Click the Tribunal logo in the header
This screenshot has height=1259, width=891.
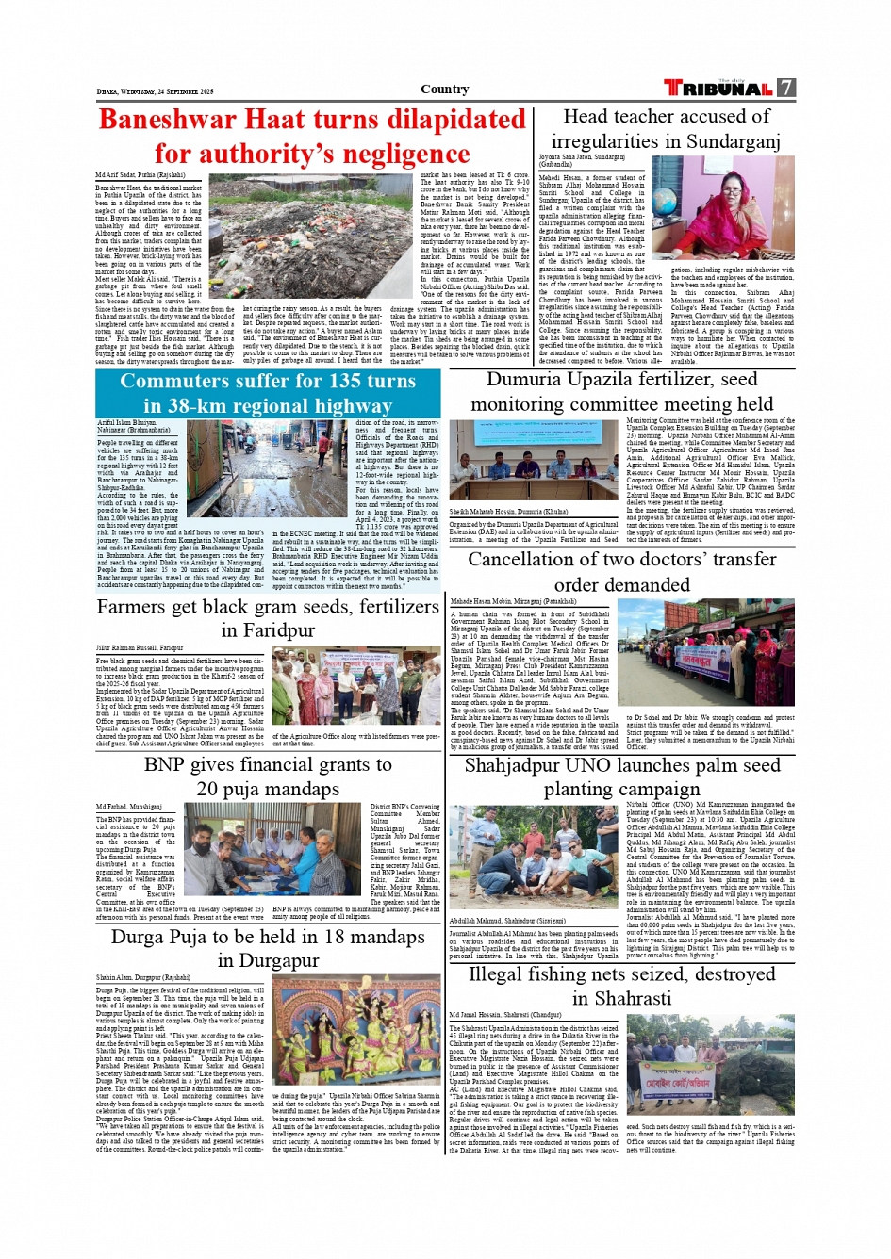[x=718, y=89]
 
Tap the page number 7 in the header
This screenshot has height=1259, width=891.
[x=786, y=89]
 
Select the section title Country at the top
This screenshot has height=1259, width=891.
[x=444, y=90]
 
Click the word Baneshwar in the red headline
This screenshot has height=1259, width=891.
[x=166, y=121]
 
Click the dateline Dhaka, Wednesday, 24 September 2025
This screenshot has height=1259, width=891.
[x=156, y=91]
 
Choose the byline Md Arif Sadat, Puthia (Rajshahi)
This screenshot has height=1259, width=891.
[x=140, y=175]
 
